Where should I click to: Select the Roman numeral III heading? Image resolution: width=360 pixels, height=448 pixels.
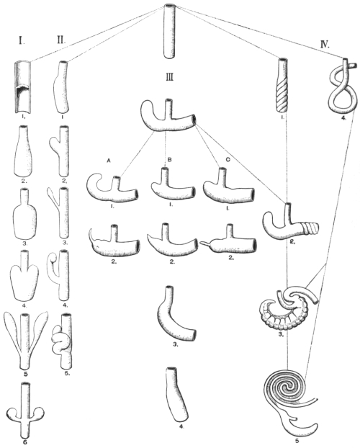(x=170, y=77)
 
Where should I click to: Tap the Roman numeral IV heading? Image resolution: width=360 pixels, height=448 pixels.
(x=325, y=45)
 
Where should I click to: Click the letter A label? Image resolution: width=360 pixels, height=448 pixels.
(x=109, y=161)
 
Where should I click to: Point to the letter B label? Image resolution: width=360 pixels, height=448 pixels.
(x=169, y=161)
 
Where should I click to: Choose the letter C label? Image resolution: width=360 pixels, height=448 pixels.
(x=228, y=161)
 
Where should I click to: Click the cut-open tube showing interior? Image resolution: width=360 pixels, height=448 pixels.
(x=22, y=86)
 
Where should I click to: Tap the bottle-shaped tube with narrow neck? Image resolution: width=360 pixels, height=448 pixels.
(x=24, y=214)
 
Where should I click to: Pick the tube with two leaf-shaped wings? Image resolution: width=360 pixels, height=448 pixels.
(x=26, y=340)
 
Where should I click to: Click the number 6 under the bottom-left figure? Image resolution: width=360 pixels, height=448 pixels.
(x=25, y=442)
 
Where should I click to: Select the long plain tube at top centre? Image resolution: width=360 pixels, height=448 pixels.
(x=169, y=31)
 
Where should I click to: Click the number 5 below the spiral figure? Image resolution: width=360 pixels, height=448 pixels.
(x=297, y=441)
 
